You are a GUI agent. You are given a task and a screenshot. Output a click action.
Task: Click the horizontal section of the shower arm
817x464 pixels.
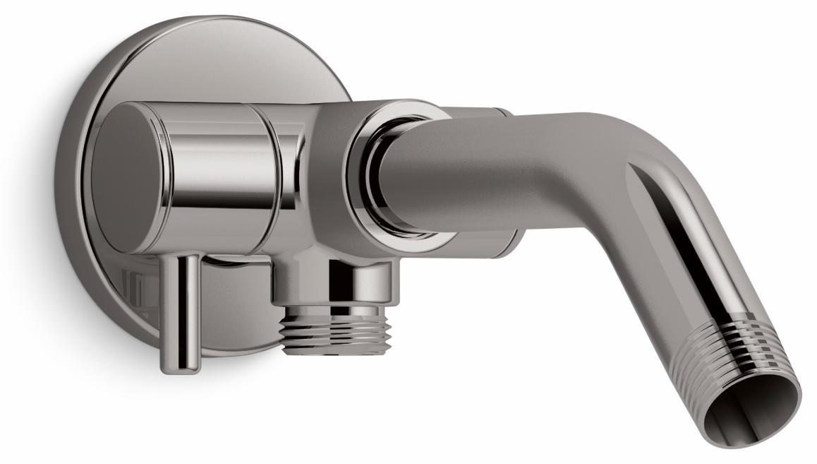tap(494, 169)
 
